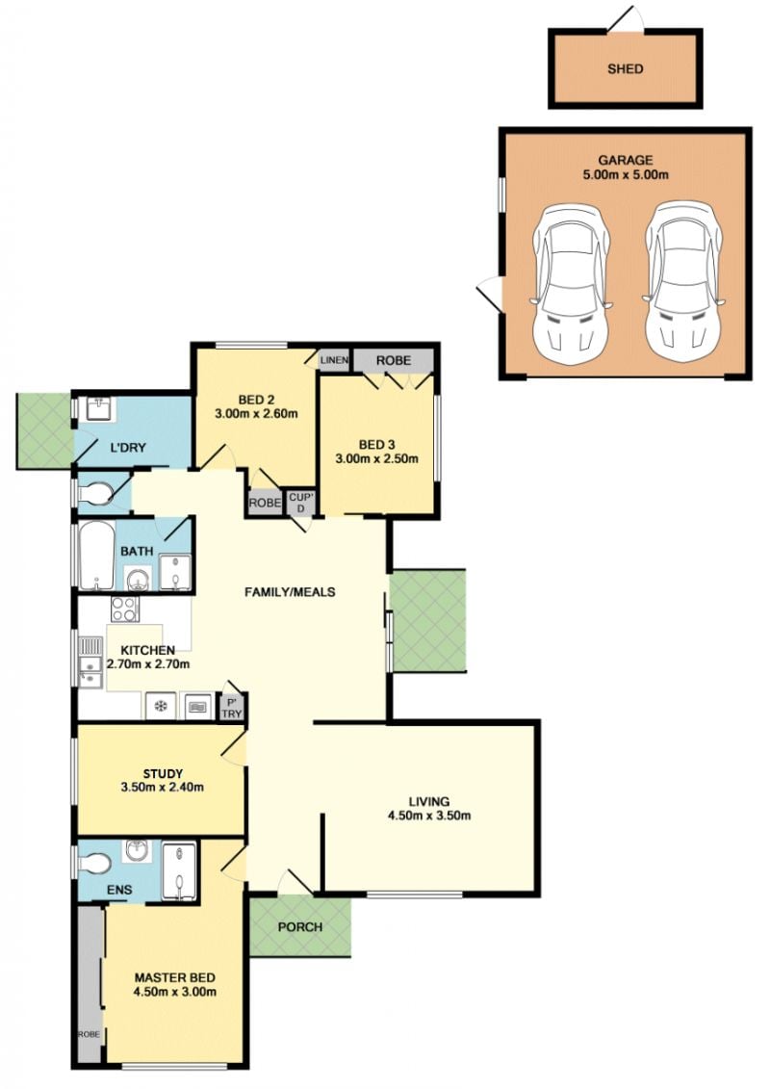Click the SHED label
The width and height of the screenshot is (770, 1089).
(x=625, y=68)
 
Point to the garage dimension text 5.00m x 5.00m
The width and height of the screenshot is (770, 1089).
(x=625, y=175)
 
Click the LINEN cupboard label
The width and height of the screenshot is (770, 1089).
(x=334, y=360)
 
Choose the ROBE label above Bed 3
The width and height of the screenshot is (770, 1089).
(x=393, y=360)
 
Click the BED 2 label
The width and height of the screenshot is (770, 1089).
(x=255, y=400)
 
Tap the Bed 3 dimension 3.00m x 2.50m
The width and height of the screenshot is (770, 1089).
(x=376, y=458)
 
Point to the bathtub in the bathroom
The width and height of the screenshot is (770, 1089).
(x=96, y=557)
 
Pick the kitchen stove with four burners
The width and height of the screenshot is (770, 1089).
(x=125, y=609)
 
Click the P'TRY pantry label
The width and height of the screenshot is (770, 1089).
(x=232, y=708)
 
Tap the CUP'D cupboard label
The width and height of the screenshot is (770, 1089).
(x=301, y=503)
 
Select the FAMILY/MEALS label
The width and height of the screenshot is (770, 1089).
(x=290, y=592)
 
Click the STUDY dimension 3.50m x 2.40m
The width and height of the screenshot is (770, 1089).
(x=162, y=787)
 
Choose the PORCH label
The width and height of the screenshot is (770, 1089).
(x=300, y=927)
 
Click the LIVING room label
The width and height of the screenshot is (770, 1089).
(x=429, y=801)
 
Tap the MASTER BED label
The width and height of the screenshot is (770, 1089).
(x=174, y=978)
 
